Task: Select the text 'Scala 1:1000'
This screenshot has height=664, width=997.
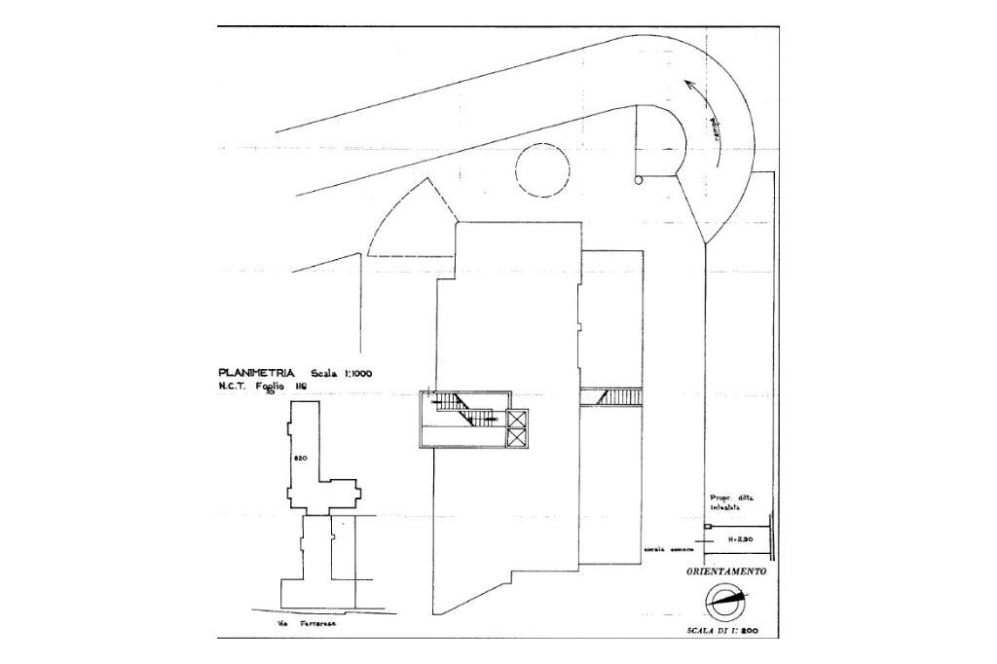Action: (341, 373)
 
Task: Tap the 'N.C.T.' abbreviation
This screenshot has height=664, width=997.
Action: (236, 387)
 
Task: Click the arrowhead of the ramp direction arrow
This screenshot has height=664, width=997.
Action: (689, 86)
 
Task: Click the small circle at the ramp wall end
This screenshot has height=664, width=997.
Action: (638, 179)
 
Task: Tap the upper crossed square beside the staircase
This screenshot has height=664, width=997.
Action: (516, 419)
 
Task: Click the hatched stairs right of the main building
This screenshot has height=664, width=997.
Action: (611, 396)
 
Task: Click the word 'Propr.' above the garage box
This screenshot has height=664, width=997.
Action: (719, 498)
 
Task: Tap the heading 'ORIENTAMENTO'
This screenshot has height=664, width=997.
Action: (725, 572)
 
